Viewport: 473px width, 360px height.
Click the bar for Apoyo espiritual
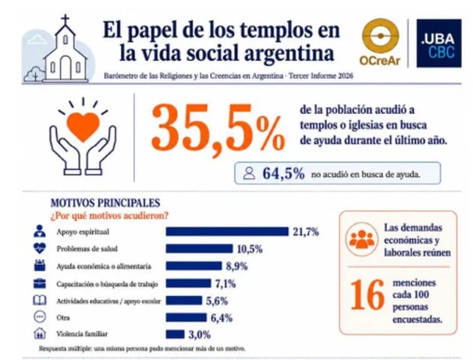227,231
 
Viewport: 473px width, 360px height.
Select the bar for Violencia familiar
175,334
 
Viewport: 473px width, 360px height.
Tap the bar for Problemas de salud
199,248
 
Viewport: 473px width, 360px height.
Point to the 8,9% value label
236,266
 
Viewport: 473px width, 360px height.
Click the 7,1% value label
226,283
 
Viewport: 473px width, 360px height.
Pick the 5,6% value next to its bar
217,301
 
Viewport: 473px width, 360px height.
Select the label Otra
62,318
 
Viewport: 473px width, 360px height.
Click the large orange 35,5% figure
218,128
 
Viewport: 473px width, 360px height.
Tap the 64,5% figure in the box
283,174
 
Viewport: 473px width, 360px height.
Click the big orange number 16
368,294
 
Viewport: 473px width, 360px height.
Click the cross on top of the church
65,20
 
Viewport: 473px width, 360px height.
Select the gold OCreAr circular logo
380,36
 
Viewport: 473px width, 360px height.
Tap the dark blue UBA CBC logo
439,43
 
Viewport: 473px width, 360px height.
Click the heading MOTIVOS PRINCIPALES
105,203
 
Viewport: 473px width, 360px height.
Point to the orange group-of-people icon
361,239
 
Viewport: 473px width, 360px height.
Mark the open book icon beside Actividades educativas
40,301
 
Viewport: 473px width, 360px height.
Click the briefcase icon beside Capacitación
40,283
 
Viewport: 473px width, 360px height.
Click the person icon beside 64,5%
249,173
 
